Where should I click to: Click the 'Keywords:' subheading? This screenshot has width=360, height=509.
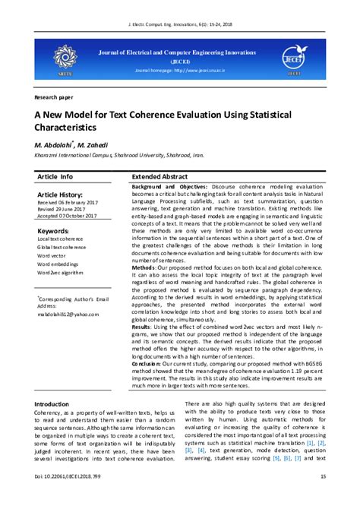click(x=53, y=230)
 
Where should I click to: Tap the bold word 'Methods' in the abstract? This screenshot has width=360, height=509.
click(x=144, y=268)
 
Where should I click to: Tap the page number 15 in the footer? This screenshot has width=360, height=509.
click(x=323, y=496)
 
